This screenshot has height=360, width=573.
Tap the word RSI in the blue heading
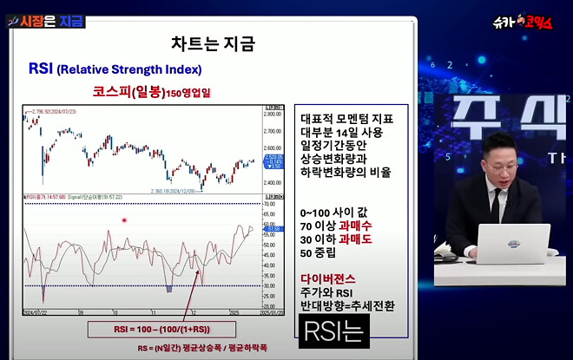point(41,69)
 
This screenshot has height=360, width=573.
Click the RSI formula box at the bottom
point(150,330)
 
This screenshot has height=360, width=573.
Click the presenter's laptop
point(512,243)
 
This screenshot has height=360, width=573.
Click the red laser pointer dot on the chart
point(125,220)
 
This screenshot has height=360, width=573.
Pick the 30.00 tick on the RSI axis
point(273,285)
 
